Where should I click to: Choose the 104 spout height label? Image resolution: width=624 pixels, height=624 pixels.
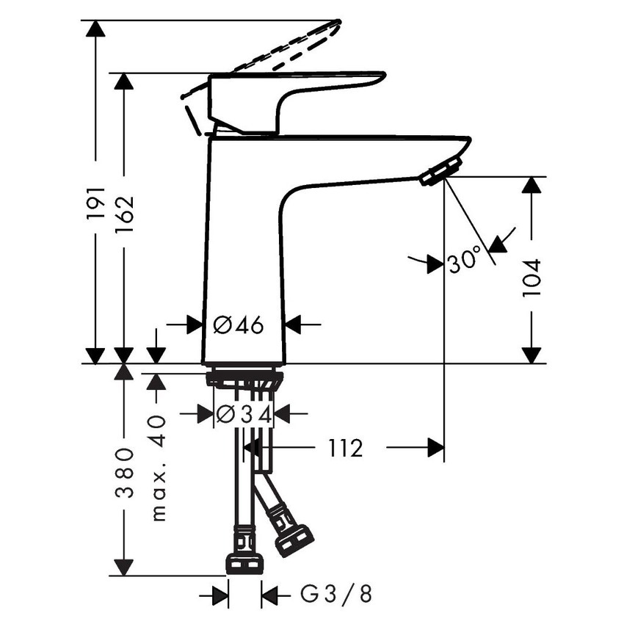[x=531, y=277]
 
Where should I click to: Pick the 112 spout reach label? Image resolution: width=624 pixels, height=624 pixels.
[x=346, y=447]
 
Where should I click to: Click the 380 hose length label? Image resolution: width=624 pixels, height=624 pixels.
[x=123, y=472]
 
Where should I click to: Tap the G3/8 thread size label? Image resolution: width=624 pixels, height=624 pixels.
[x=335, y=594]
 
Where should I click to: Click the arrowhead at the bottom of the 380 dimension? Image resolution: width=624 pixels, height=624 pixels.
[x=123, y=567]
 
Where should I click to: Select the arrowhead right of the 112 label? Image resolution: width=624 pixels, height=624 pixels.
[x=435, y=447]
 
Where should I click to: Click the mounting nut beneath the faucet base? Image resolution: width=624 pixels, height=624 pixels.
[x=244, y=380]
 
